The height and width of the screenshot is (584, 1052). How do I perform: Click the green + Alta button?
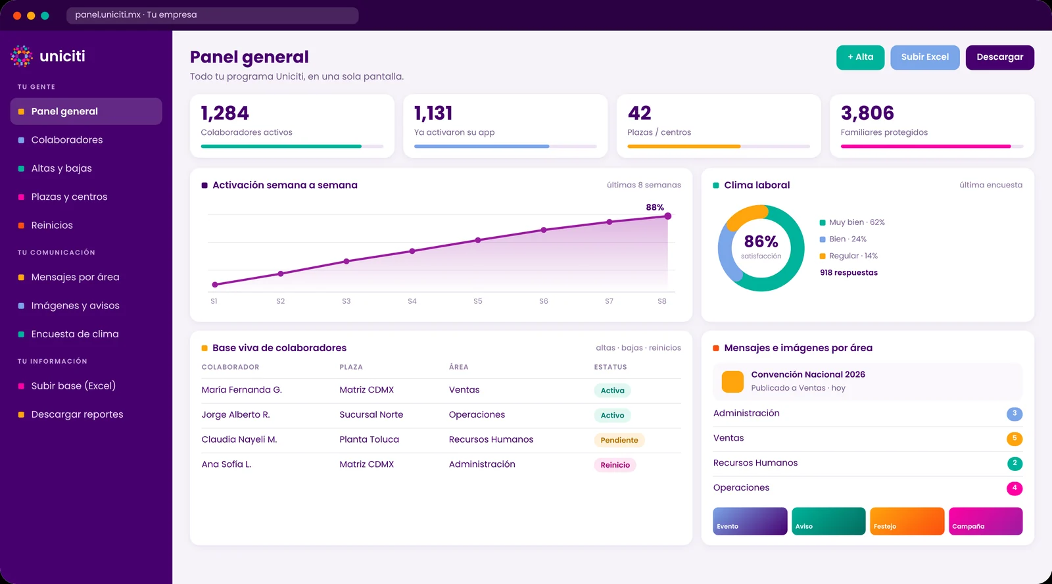pos(860,57)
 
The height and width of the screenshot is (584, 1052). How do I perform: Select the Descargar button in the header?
pos(999,57)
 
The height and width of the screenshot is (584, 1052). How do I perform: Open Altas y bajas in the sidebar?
pos(62,168)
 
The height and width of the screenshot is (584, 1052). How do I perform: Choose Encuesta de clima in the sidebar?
pos(75,334)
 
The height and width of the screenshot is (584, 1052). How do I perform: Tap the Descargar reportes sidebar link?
pos(77,414)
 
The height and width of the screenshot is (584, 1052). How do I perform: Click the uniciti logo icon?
pos(22,57)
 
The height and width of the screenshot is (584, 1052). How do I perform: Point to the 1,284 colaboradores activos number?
pos(224,112)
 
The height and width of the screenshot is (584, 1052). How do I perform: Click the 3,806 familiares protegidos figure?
pos(867,112)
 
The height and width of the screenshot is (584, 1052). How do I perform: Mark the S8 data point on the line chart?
pos(667,216)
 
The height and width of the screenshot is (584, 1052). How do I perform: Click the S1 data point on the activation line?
pos(214,284)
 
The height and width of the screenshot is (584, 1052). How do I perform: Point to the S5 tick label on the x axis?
pos(477,301)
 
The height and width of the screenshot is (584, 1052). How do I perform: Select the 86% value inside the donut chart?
pos(761,241)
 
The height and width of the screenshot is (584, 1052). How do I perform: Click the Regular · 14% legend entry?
pos(849,256)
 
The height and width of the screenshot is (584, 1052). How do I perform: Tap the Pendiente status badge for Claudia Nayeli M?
pos(619,440)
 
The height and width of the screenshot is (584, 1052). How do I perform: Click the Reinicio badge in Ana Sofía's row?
pos(615,465)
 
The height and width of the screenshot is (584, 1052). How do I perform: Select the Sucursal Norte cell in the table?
pos(371,414)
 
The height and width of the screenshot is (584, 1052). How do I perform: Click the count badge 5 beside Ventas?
pos(1015,439)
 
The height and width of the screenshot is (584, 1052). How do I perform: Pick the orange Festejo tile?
pos(907,521)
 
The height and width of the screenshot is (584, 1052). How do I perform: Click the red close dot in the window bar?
pos(17,16)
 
